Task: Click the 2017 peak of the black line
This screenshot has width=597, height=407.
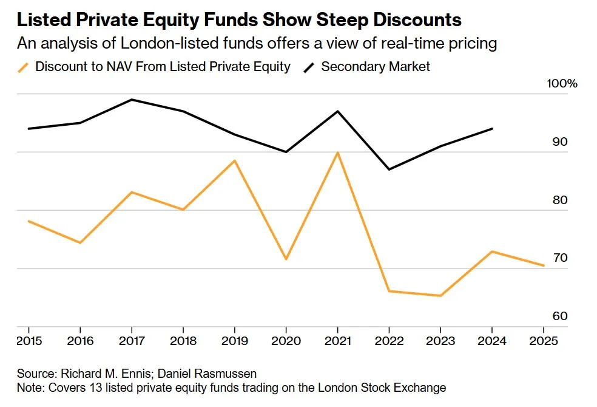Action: (132, 100)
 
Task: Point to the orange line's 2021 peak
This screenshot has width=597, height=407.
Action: (338, 152)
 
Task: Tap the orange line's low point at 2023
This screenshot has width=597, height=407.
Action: (440, 296)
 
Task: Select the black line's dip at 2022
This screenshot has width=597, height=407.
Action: (389, 169)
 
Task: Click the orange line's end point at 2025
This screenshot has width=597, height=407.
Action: (543, 265)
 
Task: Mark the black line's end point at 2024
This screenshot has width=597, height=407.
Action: (492, 129)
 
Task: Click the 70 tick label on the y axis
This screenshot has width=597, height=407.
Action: (560, 258)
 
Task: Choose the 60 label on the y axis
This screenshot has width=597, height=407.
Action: (560, 316)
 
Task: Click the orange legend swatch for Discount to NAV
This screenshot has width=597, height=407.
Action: (24, 67)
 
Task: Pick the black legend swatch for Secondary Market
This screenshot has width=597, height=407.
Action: (309, 67)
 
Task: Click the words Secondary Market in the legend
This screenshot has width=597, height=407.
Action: (376, 67)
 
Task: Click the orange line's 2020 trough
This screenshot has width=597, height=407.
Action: (286, 259)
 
